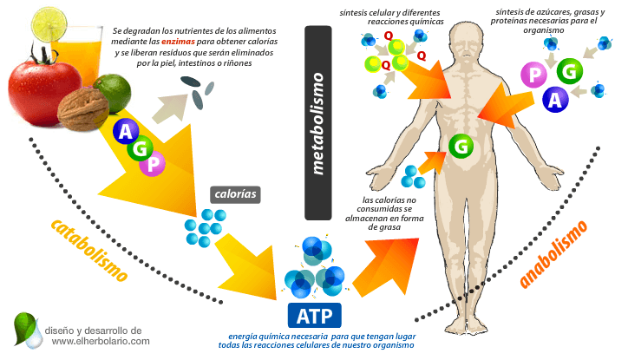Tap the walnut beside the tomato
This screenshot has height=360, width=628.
click(x=83, y=109)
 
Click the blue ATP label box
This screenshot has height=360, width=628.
click(x=313, y=313)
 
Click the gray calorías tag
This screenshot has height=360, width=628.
click(x=235, y=194)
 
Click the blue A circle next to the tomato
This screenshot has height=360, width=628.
click(x=125, y=133)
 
